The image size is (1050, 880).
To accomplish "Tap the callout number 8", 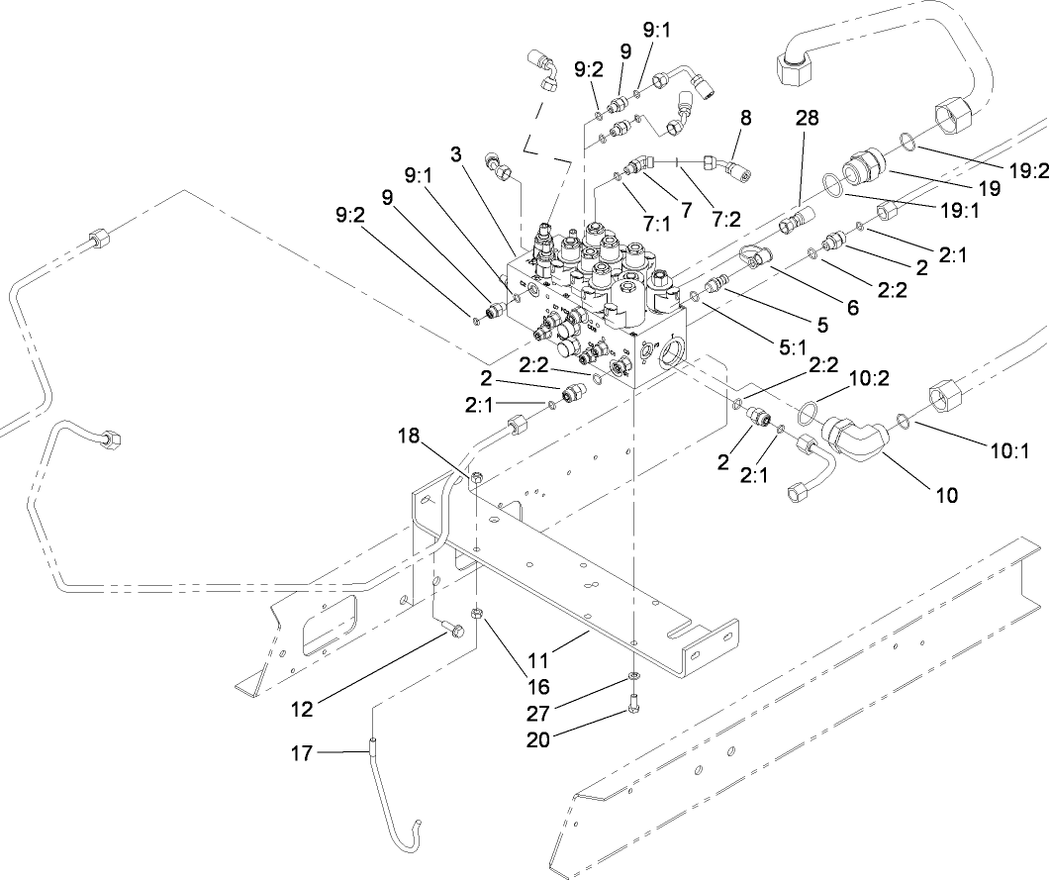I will [745, 117].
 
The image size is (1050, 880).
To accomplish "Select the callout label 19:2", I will [1027, 169].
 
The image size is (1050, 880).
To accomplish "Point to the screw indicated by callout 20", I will [633, 708].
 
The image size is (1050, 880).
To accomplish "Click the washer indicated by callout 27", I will [633, 678].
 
